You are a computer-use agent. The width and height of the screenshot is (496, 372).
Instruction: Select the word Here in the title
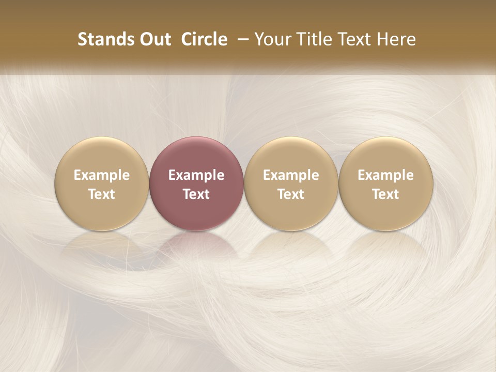396,39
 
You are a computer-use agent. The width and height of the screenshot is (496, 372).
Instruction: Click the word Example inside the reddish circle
196,175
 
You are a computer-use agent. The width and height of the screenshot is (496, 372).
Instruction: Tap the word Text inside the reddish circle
196,194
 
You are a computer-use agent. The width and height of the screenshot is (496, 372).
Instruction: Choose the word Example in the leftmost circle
102,175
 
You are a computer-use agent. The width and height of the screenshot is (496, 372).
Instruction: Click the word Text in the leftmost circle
102,194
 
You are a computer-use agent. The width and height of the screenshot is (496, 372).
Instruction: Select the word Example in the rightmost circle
385,175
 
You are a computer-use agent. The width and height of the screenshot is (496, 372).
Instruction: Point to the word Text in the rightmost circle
385,194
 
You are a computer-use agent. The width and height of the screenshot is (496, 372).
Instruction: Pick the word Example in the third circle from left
291,175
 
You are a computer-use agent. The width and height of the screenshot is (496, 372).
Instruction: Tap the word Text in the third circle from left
291,194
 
